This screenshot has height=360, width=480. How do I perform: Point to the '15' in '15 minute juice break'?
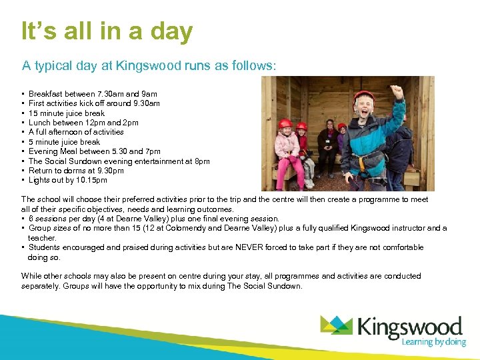click(33, 113)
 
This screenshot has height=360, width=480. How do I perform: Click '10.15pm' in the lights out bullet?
click(93, 180)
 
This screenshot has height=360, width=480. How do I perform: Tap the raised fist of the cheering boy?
click(398, 92)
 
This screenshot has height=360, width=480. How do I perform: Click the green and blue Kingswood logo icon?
click(337, 325)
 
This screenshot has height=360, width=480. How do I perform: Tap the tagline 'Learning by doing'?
click(433, 342)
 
